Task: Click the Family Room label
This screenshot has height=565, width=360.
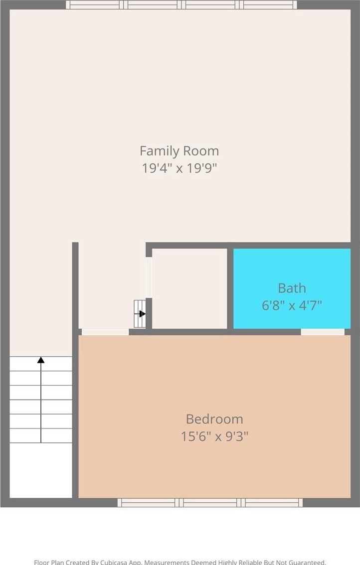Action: click(x=180, y=150)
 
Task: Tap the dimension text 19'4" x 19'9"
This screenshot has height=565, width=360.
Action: click(x=180, y=168)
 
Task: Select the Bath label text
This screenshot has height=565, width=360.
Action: click(x=292, y=288)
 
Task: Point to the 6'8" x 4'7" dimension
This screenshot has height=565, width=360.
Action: click(x=292, y=305)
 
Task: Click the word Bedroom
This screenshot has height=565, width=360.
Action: click(x=214, y=419)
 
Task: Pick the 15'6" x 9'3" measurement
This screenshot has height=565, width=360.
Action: click(x=214, y=436)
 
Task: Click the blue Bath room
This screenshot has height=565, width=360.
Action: click(x=292, y=288)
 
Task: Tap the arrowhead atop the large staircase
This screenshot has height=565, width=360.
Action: click(x=41, y=360)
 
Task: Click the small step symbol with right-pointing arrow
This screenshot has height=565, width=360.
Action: click(x=140, y=314)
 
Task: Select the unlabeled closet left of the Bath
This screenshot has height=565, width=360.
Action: click(x=189, y=288)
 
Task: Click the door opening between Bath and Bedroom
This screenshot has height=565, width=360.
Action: click(x=323, y=332)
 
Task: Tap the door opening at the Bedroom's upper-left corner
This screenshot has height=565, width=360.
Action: click(x=105, y=332)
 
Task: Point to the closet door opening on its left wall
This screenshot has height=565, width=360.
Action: click(x=149, y=278)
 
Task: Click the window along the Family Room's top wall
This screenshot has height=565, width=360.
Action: click(x=181, y=4)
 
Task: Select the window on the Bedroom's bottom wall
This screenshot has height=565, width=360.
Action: click(x=210, y=503)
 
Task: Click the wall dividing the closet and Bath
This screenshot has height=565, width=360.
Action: click(x=230, y=288)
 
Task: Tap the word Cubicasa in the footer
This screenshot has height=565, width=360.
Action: click(x=113, y=562)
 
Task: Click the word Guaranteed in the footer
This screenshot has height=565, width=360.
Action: click(x=305, y=562)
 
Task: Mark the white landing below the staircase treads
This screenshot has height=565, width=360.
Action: click(x=41, y=470)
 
